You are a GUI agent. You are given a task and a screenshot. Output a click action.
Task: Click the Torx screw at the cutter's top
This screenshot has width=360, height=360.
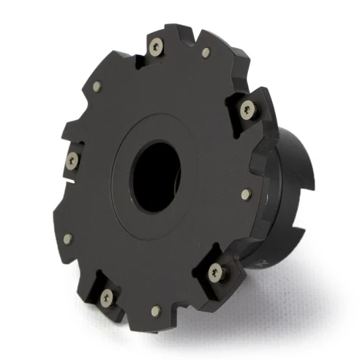coord(155,48)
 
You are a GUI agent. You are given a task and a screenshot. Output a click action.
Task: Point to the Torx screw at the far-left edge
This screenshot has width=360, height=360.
coord(72,160)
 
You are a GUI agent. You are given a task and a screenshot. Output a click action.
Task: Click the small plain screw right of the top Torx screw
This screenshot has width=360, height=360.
coord(206,53)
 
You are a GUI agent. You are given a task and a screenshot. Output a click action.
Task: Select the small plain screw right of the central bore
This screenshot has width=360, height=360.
coord(246,194)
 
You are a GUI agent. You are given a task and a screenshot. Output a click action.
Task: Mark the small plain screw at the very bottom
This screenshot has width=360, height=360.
coord(156,312)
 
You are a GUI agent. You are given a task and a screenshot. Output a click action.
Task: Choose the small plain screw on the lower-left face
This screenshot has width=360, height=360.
coord(68,239)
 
